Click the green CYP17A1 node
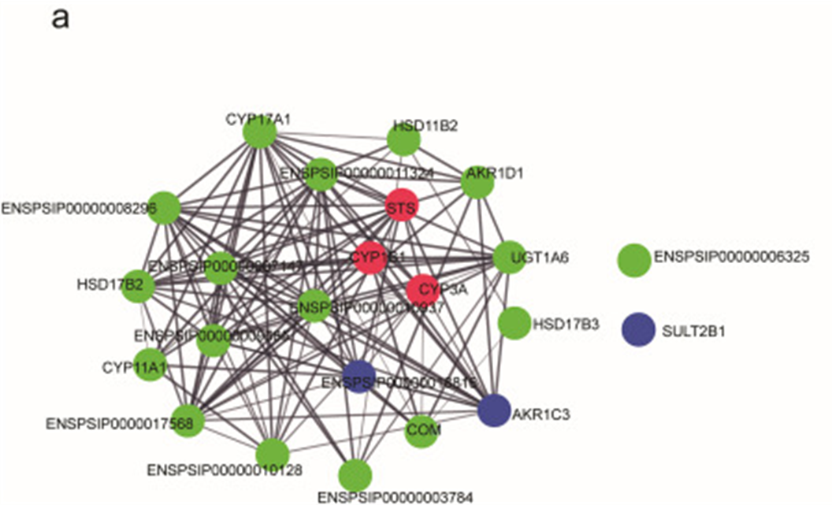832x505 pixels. (259, 135)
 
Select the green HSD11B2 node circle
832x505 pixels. (404, 140)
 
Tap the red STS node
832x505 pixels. (401, 206)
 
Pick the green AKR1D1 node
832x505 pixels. (478, 182)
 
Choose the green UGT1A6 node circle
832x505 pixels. (509, 257)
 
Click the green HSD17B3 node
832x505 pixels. (514, 323)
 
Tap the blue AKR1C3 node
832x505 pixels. (494, 410)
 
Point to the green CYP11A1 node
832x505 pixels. (150, 366)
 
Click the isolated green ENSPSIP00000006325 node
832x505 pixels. (634, 261)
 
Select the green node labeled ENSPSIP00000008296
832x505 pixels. (164, 208)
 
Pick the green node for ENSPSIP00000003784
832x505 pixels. (355, 475)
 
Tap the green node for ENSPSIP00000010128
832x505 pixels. (272, 455)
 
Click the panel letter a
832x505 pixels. (60, 19)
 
